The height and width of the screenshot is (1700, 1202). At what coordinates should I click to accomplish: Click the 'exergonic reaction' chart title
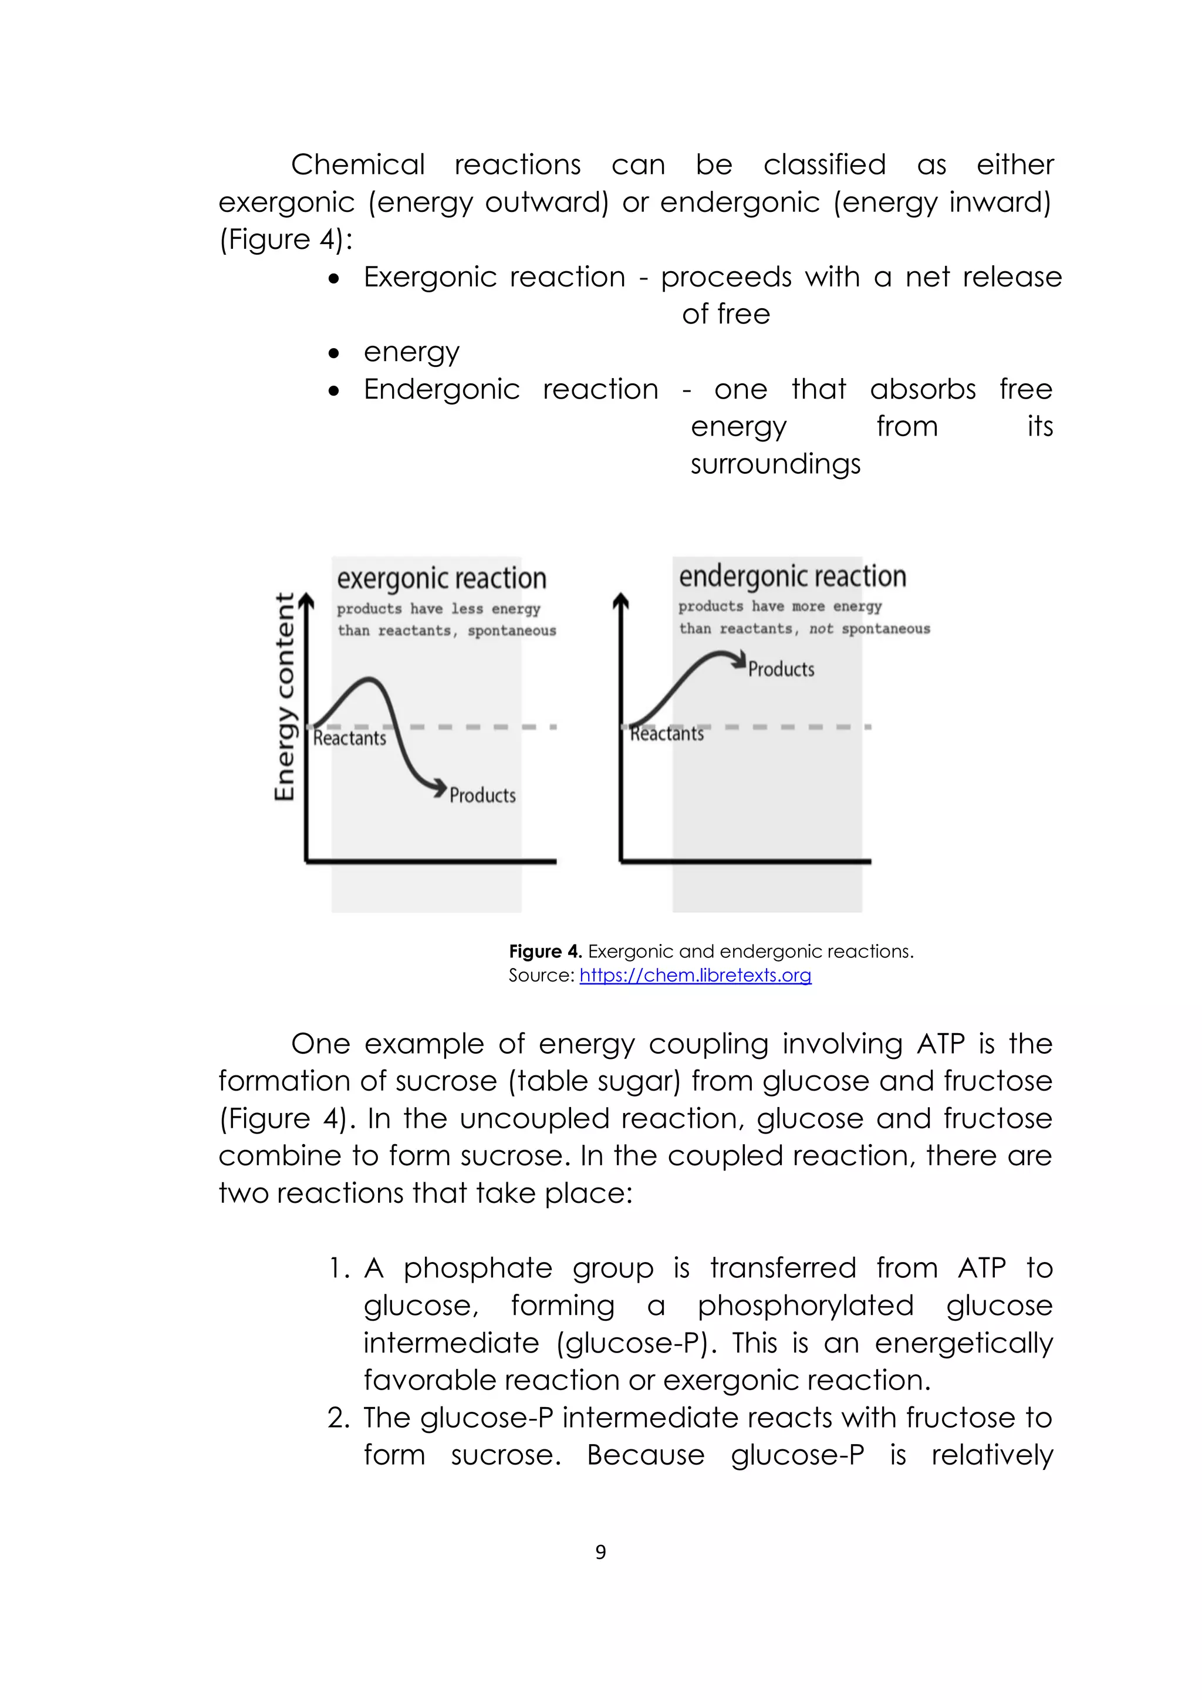(441, 578)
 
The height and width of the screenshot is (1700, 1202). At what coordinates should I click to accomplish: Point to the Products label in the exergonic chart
(482, 795)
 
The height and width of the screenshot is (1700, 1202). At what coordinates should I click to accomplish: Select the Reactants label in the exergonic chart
(349, 738)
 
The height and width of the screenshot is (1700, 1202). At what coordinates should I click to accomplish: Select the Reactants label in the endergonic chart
(666, 734)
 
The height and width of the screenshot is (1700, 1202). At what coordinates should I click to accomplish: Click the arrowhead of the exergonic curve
(440, 787)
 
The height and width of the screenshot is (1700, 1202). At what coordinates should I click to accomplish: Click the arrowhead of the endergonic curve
(739, 660)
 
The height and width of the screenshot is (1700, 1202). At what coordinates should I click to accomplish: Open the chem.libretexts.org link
(695, 975)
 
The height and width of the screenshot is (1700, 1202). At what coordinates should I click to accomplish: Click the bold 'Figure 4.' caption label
(545, 952)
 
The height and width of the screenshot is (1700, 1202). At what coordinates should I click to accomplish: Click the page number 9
(600, 1552)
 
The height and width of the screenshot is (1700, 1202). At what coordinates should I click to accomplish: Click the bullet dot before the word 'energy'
(335, 353)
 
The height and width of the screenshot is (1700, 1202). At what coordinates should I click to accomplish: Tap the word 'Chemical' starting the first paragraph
(357, 164)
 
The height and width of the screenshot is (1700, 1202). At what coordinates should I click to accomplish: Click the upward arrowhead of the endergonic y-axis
(621, 601)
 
